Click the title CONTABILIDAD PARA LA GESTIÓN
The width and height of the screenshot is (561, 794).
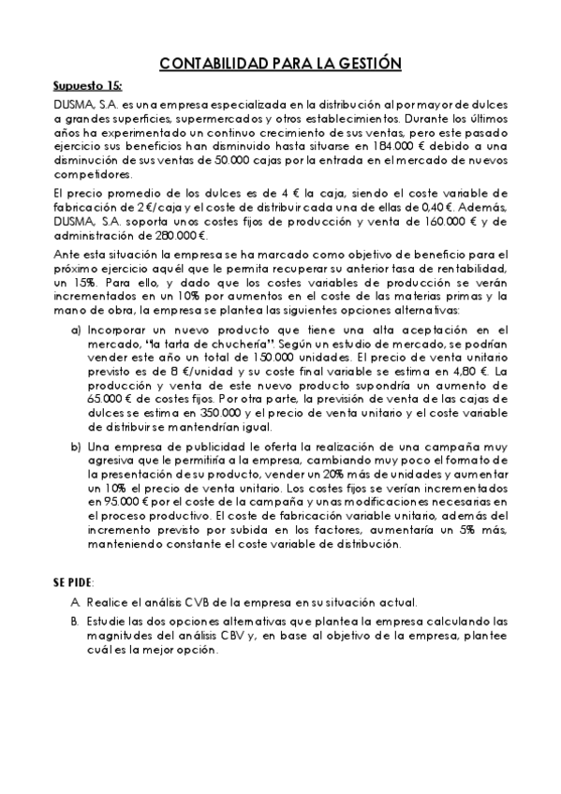(281, 64)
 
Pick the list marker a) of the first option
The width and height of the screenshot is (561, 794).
(76, 331)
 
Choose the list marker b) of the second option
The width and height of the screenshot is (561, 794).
(76, 446)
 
